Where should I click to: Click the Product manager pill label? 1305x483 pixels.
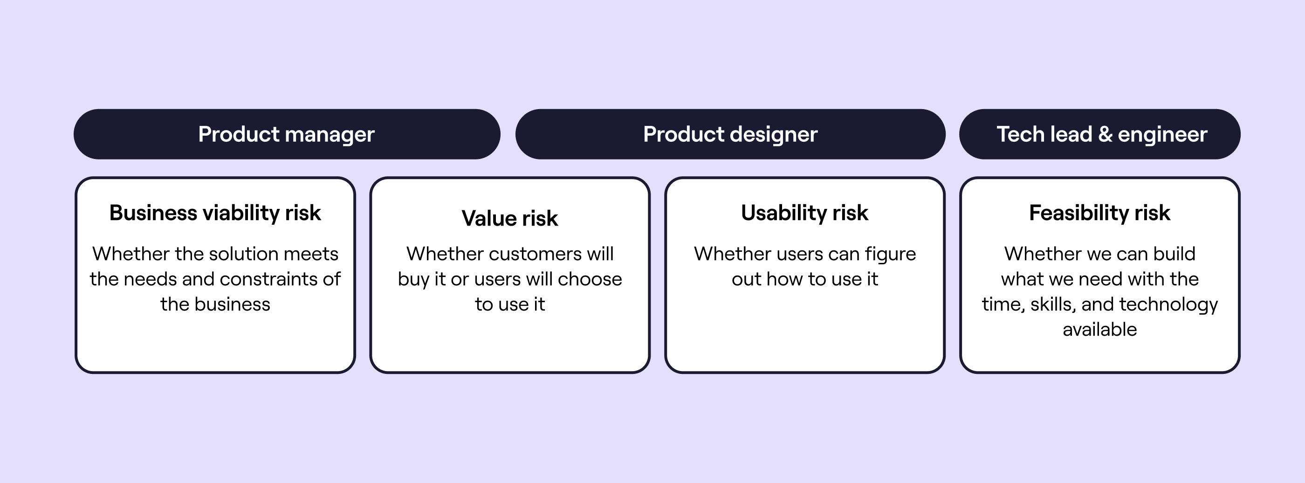[286, 134]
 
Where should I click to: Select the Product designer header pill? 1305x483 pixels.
[730, 134]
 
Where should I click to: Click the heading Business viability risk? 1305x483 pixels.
[215, 213]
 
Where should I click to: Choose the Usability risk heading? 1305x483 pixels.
[804, 213]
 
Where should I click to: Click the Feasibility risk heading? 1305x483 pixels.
[1099, 213]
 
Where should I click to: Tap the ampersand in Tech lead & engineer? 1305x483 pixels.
[1105, 134]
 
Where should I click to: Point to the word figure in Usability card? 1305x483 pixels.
[890, 254]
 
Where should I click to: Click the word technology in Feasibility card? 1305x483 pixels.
[1168, 304]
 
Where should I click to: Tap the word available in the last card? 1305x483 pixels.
[1099, 330]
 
